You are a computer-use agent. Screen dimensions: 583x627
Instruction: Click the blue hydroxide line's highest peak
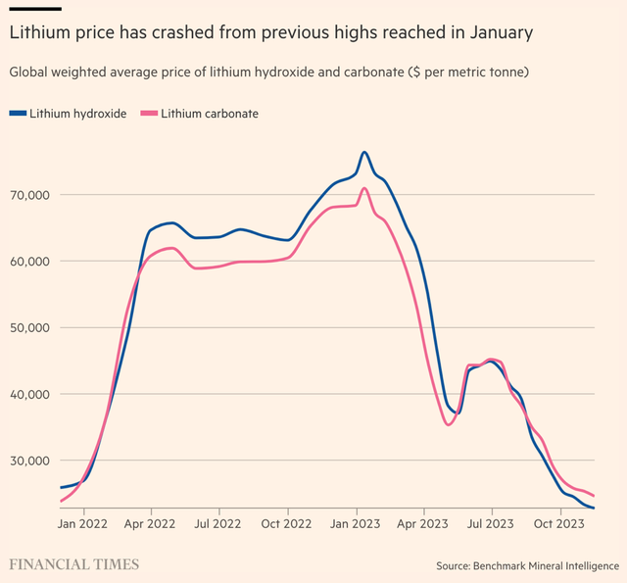pos(364,153)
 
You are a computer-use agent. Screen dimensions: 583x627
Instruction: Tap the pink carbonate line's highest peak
pos(364,188)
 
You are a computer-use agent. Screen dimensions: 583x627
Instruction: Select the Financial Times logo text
pos(73,564)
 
